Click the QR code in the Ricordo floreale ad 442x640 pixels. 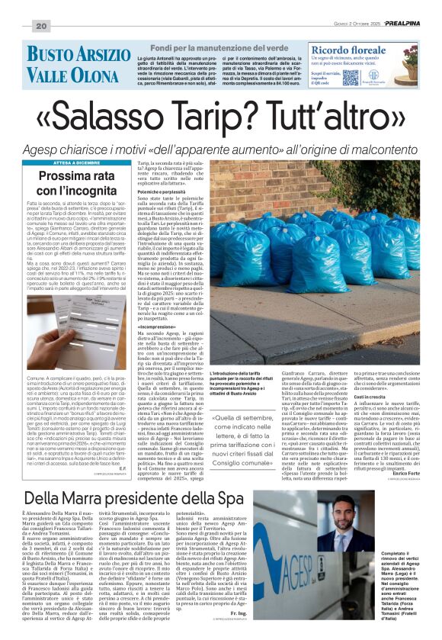click(350, 77)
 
